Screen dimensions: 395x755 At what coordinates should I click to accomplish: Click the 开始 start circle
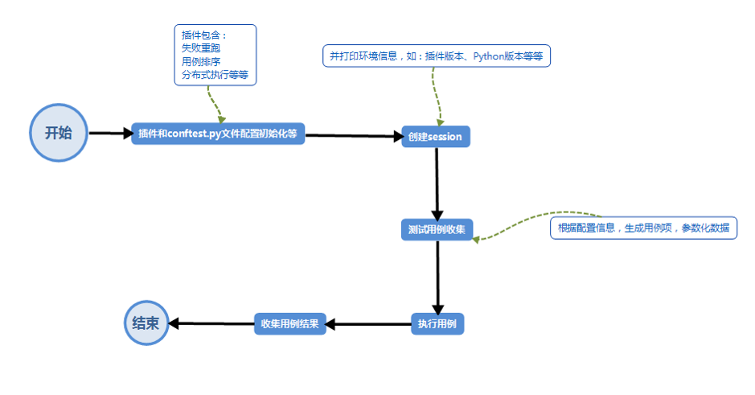(58, 133)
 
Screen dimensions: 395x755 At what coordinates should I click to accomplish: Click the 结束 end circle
(146, 323)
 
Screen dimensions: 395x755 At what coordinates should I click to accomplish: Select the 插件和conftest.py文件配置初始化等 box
(218, 134)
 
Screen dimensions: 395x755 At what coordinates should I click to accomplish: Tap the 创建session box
(435, 137)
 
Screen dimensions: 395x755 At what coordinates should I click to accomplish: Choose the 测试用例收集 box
(437, 228)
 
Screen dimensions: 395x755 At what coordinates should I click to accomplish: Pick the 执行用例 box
(437, 323)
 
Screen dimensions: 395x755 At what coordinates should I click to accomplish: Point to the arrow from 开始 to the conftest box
(109, 134)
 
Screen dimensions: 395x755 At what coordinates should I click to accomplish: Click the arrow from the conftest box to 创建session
(354, 136)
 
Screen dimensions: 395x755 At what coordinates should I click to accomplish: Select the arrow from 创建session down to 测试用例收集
(437, 183)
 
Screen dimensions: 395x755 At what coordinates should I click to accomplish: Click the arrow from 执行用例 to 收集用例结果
(369, 323)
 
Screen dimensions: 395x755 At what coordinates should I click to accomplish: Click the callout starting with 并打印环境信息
(436, 56)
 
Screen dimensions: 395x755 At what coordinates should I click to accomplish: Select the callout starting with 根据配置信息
(643, 228)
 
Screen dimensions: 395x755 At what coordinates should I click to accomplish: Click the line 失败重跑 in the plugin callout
(201, 48)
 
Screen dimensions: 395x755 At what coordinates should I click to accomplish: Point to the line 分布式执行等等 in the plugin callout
(215, 74)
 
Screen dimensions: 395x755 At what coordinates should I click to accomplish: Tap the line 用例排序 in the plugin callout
(201, 61)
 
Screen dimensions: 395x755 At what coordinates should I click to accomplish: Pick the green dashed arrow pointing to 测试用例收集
(531, 223)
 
